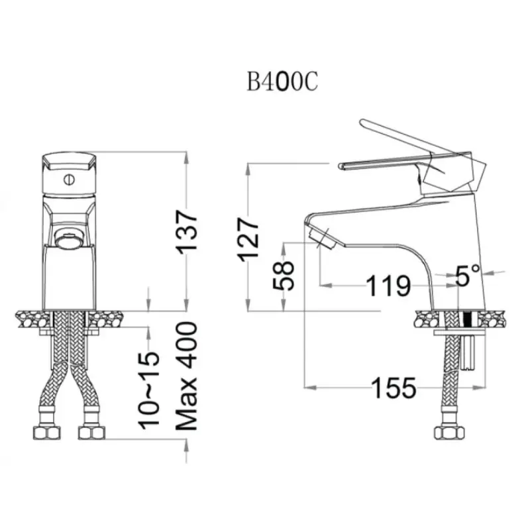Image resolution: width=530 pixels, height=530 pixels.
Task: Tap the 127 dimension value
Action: click(248, 240)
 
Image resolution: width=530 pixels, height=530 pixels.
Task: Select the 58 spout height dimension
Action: click(284, 275)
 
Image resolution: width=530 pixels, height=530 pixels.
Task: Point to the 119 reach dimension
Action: click(389, 286)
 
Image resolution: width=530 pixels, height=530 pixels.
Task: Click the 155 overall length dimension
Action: click(394, 388)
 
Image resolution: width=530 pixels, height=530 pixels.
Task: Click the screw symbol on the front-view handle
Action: click(70, 179)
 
